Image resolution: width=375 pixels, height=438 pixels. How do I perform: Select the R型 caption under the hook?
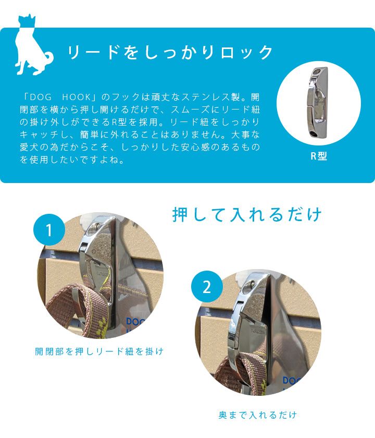[x=319, y=156]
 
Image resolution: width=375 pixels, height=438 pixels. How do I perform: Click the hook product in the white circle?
[x=318, y=102]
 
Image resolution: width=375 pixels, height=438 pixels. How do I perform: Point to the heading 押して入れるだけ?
[x=247, y=214]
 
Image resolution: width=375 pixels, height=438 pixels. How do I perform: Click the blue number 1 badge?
[x=49, y=229]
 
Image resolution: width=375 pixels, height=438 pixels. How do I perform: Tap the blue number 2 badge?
[x=207, y=286]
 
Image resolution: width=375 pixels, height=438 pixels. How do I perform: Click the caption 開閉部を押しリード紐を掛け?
[x=99, y=351]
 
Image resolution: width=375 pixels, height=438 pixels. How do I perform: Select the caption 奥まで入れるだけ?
[x=257, y=415]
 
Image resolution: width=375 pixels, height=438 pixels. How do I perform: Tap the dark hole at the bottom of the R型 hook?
[x=315, y=133]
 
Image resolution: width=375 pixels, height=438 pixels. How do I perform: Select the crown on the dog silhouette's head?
[x=27, y=20]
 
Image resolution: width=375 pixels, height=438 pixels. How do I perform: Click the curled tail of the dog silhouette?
[x=48, y=58]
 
